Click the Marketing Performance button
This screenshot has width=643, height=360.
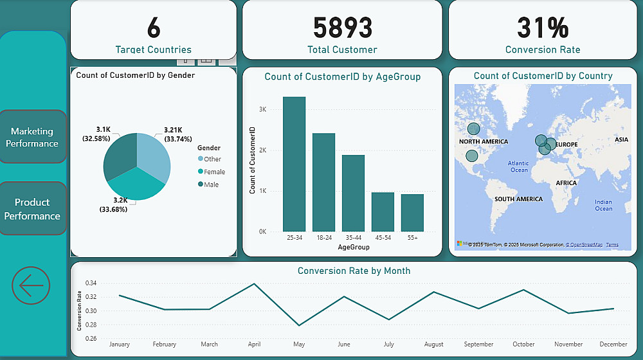point(32,137)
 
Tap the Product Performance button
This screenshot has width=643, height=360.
point(32,209)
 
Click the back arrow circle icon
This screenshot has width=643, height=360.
point(31,285)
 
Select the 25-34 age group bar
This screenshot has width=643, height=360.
point(294,164)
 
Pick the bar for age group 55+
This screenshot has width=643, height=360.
point(412,212)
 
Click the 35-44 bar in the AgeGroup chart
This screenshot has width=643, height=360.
point(353,193)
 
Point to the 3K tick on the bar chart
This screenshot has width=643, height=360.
point(262,110)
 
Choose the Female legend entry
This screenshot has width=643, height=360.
point(214,172)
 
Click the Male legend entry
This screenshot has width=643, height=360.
point(212,184)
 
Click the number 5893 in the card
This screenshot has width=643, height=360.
point(342,28)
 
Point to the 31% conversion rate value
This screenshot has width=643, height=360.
point(543,28)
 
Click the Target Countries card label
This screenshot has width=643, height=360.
point(153,50)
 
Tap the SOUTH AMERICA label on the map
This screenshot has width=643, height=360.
point(518,199)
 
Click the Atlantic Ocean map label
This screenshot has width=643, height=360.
point(518,166)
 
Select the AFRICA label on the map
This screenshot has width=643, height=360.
point(566,183)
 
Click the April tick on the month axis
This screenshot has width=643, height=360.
point(254,345)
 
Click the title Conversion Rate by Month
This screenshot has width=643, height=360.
point(354,271)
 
